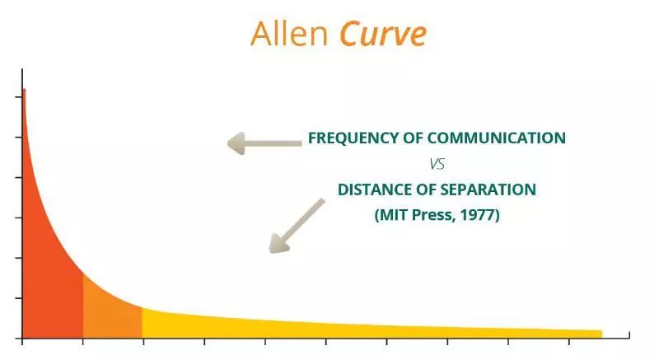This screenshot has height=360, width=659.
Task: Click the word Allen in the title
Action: (289, 34)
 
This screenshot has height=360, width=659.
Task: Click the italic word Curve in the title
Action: (383, 34)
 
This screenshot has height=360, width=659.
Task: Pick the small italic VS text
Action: (437, 164)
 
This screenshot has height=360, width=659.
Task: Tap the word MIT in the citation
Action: (395, 215)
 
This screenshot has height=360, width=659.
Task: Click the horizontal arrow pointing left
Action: (264, 143)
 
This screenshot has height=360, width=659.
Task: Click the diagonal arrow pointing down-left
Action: (297, 226)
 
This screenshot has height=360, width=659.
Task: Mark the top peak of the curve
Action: (24, 89)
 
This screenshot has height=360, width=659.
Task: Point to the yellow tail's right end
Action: (601, 334)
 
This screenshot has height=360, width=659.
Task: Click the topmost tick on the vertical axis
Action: (18, 97)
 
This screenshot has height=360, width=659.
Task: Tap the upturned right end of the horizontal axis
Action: (629, 334)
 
